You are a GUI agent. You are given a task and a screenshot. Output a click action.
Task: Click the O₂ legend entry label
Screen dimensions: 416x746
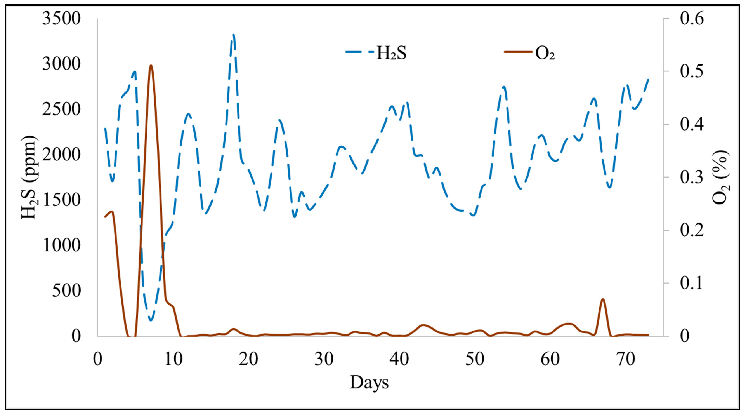point(545,54)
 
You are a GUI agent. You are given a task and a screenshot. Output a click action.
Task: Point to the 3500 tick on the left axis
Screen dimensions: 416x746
point(61,19)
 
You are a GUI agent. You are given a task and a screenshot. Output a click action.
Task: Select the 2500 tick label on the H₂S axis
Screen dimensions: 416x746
point(61,110)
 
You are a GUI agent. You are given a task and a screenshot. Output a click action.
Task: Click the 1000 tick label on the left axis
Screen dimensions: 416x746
point(61,245)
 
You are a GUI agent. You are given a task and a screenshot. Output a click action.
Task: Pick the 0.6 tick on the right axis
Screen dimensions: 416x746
point(691,19)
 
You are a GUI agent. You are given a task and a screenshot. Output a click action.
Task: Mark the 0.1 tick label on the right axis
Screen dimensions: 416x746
point(691,283)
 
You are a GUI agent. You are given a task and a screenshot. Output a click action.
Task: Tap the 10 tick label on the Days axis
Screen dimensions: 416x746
point(173,359)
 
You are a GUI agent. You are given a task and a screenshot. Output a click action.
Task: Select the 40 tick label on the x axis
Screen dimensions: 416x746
point(399,359)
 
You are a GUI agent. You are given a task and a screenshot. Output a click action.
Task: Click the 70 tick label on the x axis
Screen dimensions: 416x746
point(625,359)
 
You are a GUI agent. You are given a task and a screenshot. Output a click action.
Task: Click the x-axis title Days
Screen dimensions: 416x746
point(369,382)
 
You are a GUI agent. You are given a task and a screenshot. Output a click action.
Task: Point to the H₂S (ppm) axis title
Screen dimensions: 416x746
point(29,178)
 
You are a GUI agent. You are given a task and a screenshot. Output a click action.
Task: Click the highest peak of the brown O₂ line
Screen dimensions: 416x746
point(151,66)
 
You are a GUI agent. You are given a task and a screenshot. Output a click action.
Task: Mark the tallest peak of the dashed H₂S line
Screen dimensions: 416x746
point(233,35)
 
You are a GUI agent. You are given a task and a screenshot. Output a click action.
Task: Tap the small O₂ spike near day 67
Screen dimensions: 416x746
point(603,299)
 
